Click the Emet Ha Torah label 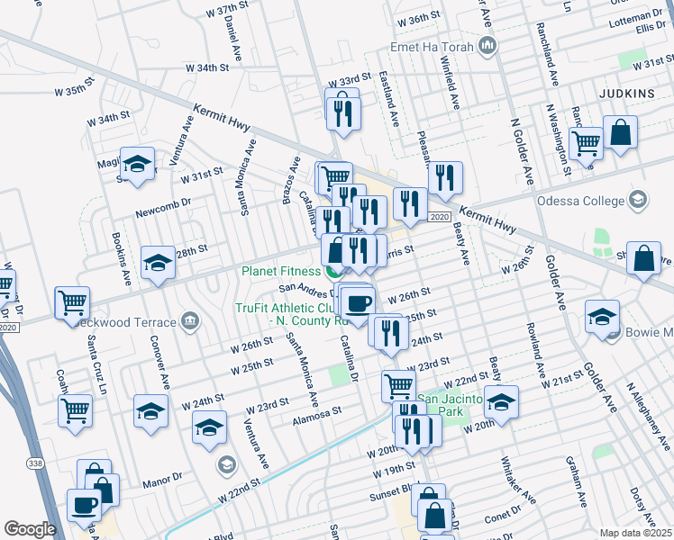pyautogui.click(x=431, y=46)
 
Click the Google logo pyautogui.click(x=30, y=529)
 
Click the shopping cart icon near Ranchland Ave pyautogui.click(x=587, y=141)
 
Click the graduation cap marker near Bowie pyautogui.click(x=602, y=317)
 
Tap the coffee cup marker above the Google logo pyautogui.click(x=85, y=505)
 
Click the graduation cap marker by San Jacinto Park pyautogui.click(x=502, y=401)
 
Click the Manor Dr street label pyautogui.click(x=162, y=484)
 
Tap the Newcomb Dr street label pyautogui.click(x=158, y=213)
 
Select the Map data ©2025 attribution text pyautogui.click(x=635, y=532)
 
